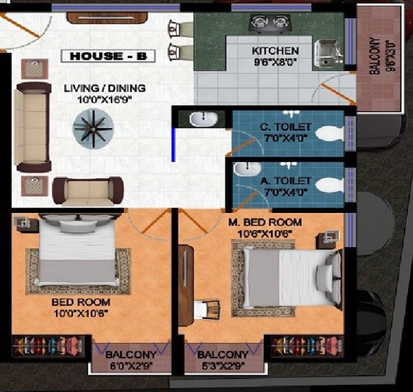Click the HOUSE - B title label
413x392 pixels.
[x=108, y=56]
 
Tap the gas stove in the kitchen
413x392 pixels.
[x=267, y=23]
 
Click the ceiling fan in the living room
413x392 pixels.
[x=93, y=126]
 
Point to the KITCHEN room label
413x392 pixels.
[x=275, y=50]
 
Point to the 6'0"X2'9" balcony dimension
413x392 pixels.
[x=132, y=364]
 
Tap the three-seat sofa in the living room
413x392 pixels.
[x=33, y=127]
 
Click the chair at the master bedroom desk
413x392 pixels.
[x=209, y=308]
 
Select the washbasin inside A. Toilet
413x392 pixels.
[x=247, y=169]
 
